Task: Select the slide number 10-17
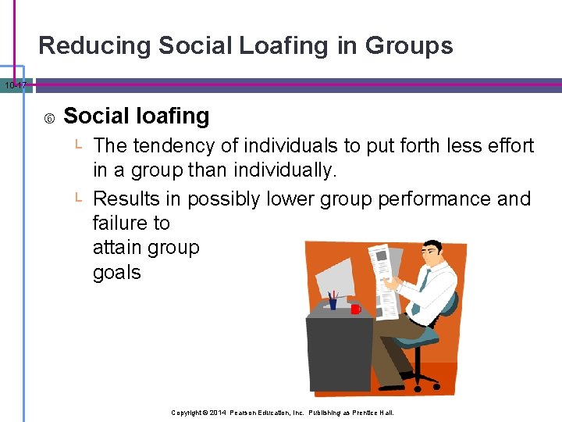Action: (x=14, y=84)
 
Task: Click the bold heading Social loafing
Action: (x=137, y=116)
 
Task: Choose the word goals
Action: (x=117, y=273)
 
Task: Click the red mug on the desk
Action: (x=355, y=309)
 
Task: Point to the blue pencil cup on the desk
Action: (x=333, y=302)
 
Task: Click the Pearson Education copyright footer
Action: (x=283, y=413)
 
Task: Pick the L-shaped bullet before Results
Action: (x=79, y=198)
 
